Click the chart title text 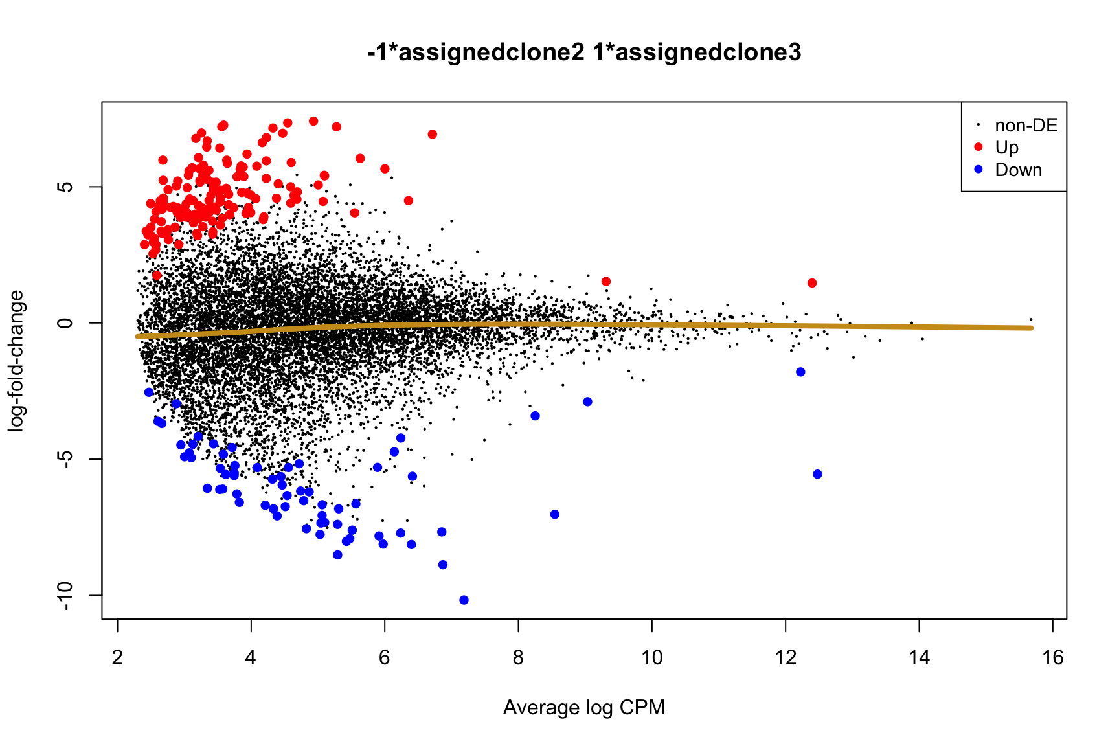click(583, 52)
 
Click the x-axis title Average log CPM click(583, 708)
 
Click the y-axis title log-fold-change click(16, 361)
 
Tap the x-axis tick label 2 click(117, 658)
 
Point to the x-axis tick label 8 click(518, 658)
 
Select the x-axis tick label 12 click(785, 658)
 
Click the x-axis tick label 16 click(1053, 658)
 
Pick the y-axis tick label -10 click(65, 595)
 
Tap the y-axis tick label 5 click(65, 186)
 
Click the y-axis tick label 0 click(65, 322)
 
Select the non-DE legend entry click(1026, 125)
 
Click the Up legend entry click(1007, 148)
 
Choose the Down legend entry click(1018, 170)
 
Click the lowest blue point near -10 click(464, 600)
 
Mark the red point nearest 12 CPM click(812, 283)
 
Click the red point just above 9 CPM click(606, 282)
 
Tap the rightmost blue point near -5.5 click(817, 475)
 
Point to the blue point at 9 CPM click(587, 402)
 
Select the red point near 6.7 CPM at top click(433, 135)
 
